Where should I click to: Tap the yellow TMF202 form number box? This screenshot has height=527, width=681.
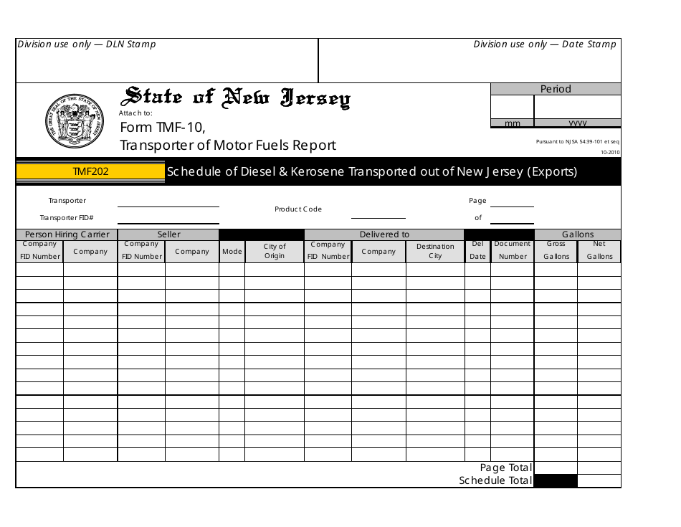pos(90,172)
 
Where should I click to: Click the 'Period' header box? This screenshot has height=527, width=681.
pos(556,89)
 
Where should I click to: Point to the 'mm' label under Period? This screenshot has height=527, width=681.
pos(512,123)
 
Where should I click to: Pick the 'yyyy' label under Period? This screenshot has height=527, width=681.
pos(578,123)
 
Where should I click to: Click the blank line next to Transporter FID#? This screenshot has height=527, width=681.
pos(168,219)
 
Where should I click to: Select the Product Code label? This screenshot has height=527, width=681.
pos(298,209)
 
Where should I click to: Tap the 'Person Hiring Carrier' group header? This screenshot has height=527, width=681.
pos(67,234)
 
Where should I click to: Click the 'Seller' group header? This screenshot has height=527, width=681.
pos(168,234)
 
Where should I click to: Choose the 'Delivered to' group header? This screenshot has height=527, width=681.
pos(384,234)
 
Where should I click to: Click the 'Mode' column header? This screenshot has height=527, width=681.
pos(232,252)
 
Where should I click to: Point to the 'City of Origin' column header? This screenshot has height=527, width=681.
pos(275,251)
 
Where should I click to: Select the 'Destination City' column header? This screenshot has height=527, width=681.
pos(435,251)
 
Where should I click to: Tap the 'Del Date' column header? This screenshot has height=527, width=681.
pos(477,250)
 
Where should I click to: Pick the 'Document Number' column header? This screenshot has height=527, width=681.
pos(513,250)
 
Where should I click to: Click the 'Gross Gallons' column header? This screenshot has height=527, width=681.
pos(556,250)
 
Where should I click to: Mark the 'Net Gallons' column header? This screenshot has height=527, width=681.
pos(599,250)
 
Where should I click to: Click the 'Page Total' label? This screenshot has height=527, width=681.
pos(505,467)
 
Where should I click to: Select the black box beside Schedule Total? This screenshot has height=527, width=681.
pos(556,481)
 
